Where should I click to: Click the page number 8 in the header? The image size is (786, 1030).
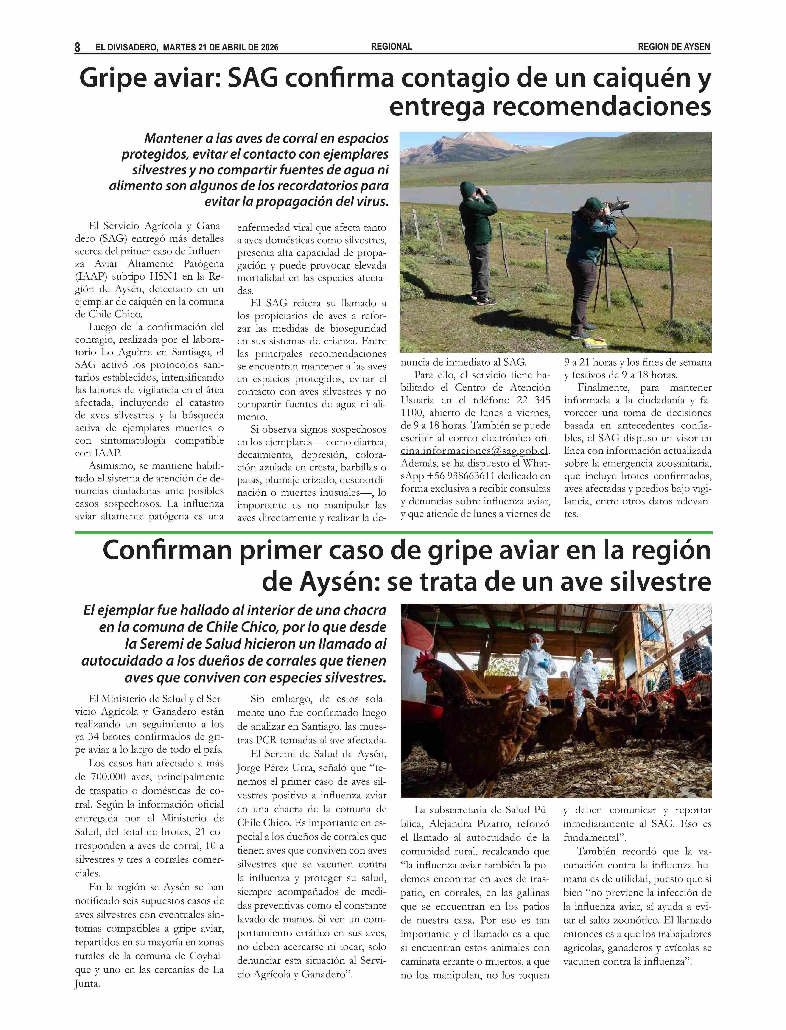(77, 47)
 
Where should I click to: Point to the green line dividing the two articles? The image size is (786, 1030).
(393, 532)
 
